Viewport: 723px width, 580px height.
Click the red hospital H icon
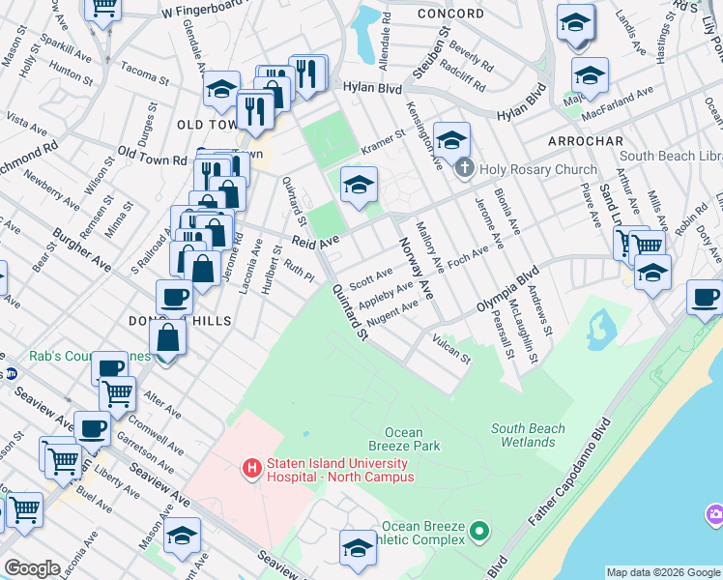pos(252,469)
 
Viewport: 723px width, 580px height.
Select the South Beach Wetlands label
pos(534,435)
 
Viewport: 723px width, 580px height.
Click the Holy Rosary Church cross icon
pos(465,169)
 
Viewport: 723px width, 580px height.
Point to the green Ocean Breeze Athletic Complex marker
pos(477,530)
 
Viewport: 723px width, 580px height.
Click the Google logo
pos(32,568)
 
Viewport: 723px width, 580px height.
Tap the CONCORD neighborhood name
pos(450,14)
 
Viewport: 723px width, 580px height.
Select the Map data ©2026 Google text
pos(662,572)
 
